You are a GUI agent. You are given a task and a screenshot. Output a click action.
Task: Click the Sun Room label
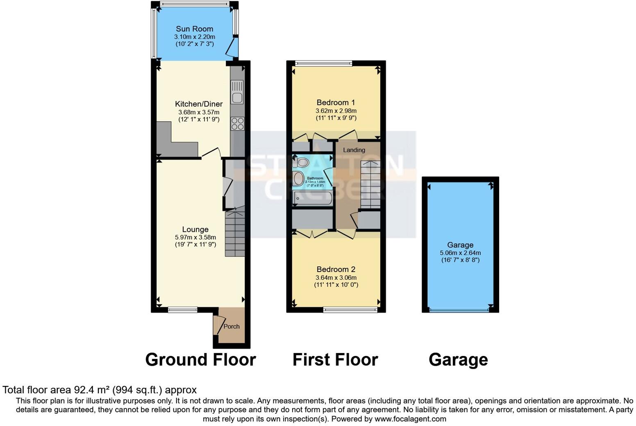[x=194, y=29]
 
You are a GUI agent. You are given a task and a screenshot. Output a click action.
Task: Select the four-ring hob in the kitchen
[x=237, y=123]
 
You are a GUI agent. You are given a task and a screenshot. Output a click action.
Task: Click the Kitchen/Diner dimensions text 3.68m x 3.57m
[x=199, y=112]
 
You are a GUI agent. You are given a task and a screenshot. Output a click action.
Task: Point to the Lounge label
[x=195, y=229]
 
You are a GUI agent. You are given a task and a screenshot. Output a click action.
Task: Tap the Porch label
[x=232, y=326]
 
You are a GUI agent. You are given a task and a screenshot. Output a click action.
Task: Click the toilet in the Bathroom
[x=302, y=163]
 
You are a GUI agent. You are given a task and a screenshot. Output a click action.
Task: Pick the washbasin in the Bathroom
[x=299, y=179]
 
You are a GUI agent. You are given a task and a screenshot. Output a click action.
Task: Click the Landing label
[x=354, y=150]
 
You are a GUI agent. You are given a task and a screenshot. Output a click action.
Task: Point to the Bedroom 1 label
[x=336, y=102]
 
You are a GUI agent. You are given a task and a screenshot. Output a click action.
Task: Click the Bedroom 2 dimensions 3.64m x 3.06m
[x=336, y=277]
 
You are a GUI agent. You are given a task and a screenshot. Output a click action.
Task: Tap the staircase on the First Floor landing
[x=370, y=184]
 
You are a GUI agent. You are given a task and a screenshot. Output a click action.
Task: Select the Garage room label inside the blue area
[x=460, y=245]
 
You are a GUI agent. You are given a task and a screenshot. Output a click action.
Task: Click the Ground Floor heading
[x=200, y=360]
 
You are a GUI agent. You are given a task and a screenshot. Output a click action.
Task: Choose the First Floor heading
[x=335, y=360]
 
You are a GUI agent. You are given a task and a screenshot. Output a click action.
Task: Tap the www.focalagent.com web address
[x=410, y=419]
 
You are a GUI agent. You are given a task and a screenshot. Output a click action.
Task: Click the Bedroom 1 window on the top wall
[x=323, y=63]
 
